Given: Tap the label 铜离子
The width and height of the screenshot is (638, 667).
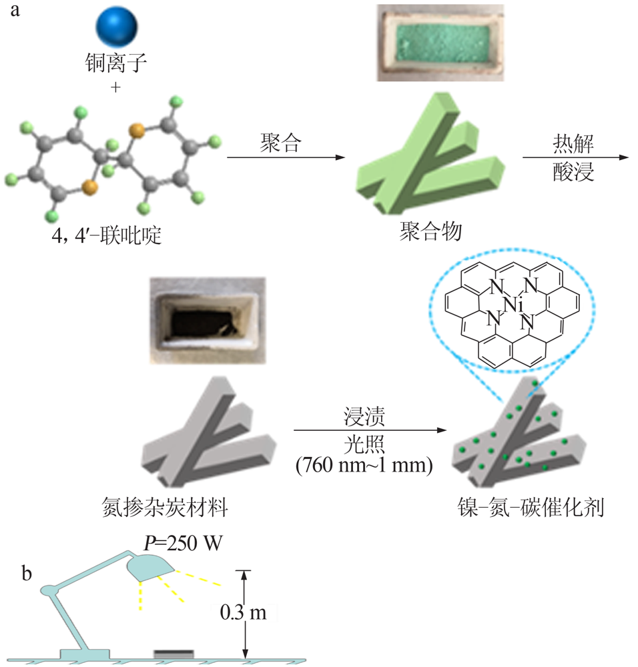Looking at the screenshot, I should pos(116,65).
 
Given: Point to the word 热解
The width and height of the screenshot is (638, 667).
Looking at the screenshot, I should pos(575,142).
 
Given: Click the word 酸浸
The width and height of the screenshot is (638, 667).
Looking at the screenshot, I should pos(575,172).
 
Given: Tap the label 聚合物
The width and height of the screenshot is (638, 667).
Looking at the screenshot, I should pos(428,231).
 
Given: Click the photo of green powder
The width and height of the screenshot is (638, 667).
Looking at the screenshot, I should pos(437,43).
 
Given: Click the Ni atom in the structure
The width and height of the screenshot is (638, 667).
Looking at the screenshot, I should pos(511,305).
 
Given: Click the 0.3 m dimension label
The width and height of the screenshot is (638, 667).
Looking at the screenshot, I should pos(242,612).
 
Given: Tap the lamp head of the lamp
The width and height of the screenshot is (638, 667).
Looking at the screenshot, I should pos(149,568).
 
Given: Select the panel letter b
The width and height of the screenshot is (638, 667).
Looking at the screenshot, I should pos(27,574).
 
